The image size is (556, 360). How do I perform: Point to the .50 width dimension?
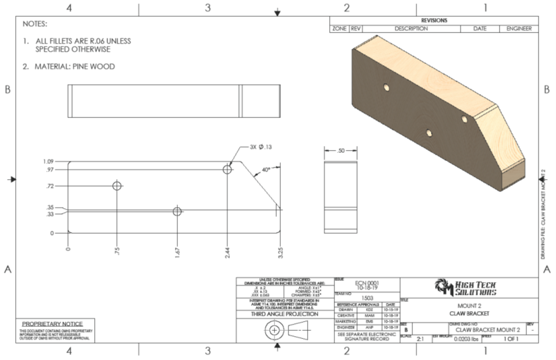click(x=341, y=150)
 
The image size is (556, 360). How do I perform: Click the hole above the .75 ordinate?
click(x=117, y=186)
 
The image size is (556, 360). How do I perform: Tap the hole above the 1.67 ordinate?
click(x=177, y=211)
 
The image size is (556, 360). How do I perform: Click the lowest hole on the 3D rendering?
click(x=428, y=133)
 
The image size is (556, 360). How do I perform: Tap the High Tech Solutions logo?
click(x=465, y=287)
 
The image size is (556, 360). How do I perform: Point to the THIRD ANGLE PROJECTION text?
click(x=284, y=314)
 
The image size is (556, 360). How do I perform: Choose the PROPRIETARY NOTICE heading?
click(x=52, y=323)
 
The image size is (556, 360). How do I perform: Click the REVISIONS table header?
click(x=434, y=20)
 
